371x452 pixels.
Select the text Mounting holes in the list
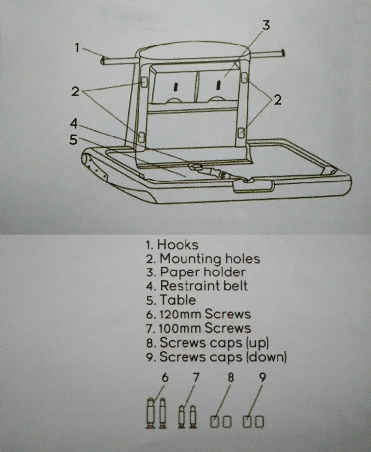pyautogui.click(x=209, y=258)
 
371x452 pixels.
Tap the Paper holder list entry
pyautogui.click(x=202, y=272)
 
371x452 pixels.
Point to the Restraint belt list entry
pyautogui.click(x=203, y=286)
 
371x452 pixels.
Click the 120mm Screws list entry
pyautogui.click(x=205, y=314)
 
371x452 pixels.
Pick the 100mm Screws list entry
pyautogui.click(x=205, y=328)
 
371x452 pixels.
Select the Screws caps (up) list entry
pyautogui.click(x=215, y=342)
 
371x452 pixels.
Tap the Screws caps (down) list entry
pyautogui.click(x=223, y=357)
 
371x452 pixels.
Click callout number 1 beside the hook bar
pyautogui.click(x=77, y=48)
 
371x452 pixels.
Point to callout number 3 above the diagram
pyautogui.click(x=266, y=25)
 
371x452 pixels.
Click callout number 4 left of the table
pyautogui.click(x=73, y=122)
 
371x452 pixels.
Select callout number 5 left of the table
pyautogui.click(x=73, y=139)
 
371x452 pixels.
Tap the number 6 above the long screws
pyautogui.click(x=165, y=378)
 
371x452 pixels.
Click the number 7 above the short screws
pyautogui.click(x=196, y=378)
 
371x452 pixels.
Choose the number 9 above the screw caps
pyautogui.click(x=263, y=378)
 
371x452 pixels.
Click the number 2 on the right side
pyautogui.click(x=278, y=100)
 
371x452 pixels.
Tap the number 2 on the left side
pyautogui.click(x=75, y=91)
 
